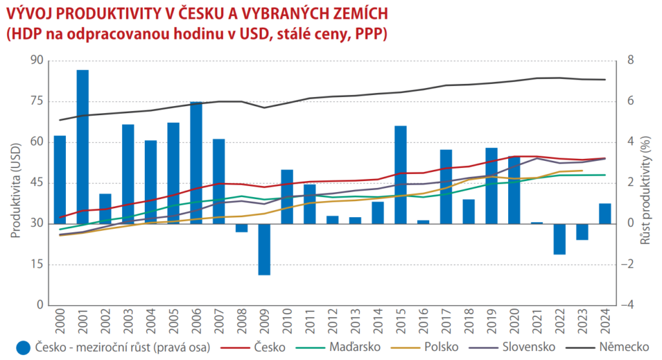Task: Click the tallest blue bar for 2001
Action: [83, 146]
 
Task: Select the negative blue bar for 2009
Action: [264, 249]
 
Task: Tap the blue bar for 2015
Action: [400, 175]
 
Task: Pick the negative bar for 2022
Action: [559, 238]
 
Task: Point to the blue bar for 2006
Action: [196, 162]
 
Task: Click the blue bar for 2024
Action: [605, 213]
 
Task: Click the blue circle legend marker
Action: [24, 348]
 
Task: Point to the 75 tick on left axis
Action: [36, 101]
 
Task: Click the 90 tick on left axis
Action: [36, 61]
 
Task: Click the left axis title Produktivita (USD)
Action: [16, 183]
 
